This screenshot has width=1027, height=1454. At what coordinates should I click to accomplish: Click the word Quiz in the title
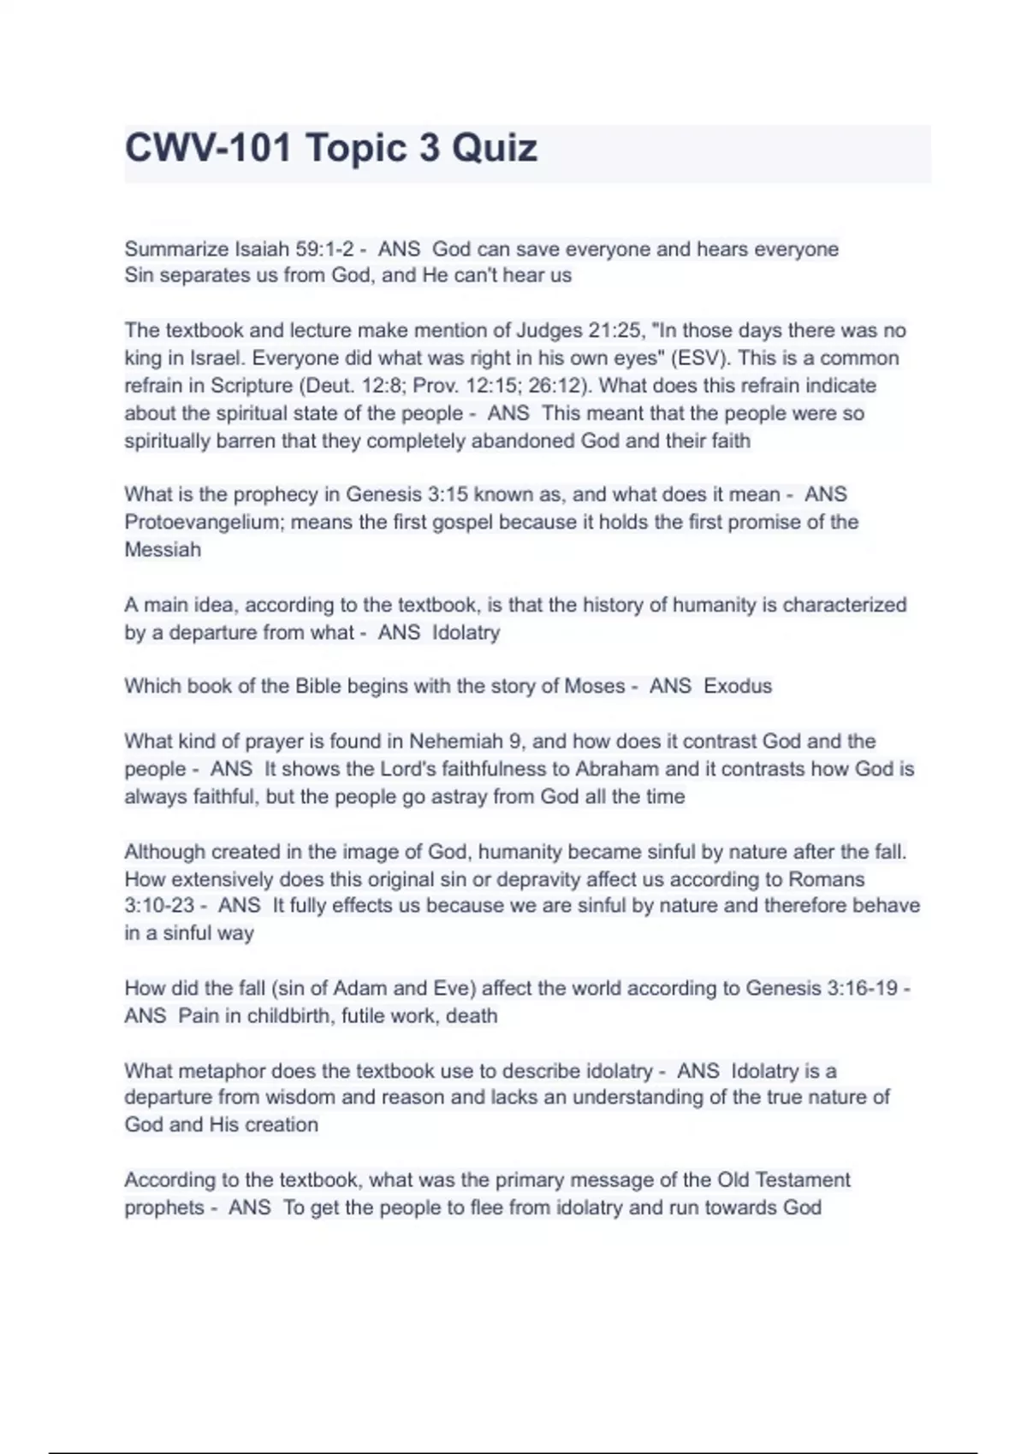495,148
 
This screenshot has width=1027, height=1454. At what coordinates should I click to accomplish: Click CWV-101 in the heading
207,148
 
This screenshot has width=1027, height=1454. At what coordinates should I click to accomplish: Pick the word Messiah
163,549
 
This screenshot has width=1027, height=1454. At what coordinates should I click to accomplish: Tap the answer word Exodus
738,686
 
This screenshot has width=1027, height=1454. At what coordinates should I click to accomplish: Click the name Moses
595,686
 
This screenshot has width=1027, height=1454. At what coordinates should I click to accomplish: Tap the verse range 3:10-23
159,905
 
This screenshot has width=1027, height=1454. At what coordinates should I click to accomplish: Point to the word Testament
802,1179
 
